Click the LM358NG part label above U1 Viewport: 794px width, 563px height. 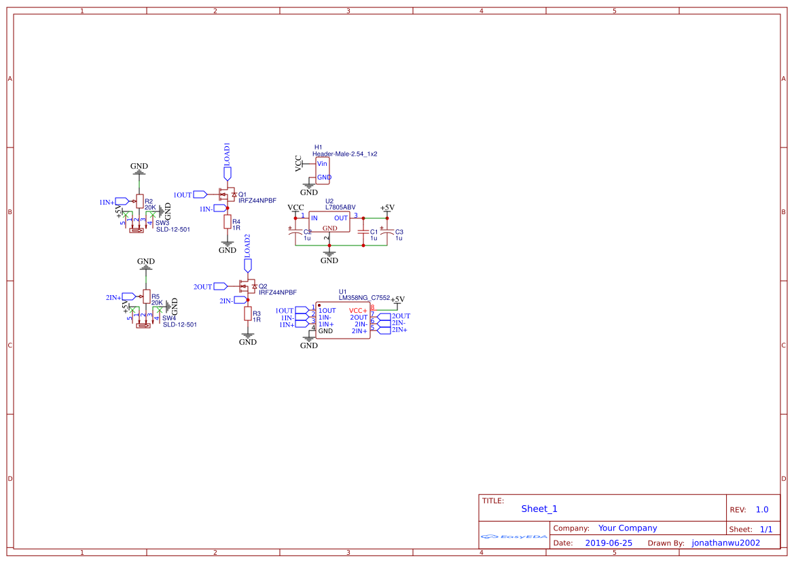point(353,297)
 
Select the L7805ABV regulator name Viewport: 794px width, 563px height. point(340,207)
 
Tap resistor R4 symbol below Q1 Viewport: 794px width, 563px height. point(227,223)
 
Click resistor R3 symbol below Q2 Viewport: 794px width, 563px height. point(247,314)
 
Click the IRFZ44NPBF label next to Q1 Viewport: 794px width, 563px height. point(257,201)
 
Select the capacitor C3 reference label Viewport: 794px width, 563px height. point(399,232)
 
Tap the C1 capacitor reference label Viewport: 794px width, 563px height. point(374,232)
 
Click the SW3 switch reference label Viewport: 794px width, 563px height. point(162,222)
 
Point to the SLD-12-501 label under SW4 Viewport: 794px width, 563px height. point(180,324)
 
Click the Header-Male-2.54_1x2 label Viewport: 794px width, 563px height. point(344,154)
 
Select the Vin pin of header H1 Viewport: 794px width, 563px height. point(322,164)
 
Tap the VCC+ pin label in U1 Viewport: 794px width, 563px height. point(358,311)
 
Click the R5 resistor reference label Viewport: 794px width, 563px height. point(156,297)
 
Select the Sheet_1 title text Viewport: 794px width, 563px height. point(539,509)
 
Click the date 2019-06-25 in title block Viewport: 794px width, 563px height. point(608,543)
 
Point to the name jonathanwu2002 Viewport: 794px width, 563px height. point(725,543)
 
